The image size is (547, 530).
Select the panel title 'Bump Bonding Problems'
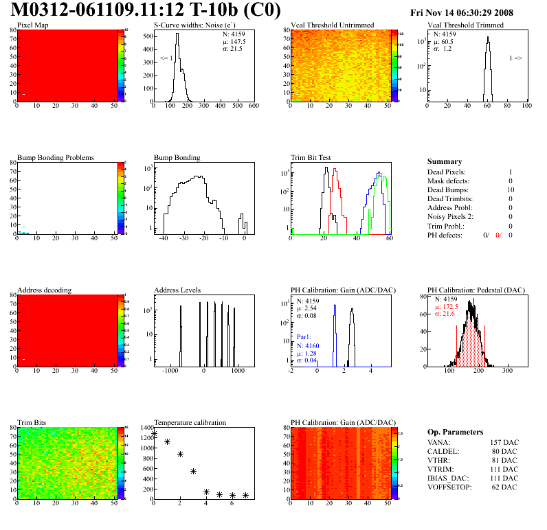[x=56, y=157]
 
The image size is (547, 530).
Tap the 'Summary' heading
[x=445, y=161]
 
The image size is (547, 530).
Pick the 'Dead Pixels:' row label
[x=446, y=172]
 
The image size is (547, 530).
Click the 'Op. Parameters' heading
[x=455, y=432]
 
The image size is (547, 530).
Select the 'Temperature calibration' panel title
[x=190, y=422]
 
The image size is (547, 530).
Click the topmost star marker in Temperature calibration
[x=155, y=433]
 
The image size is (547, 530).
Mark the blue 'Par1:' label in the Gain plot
[x=306, y=337]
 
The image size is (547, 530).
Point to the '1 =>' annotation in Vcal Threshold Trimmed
[x=515, y=58]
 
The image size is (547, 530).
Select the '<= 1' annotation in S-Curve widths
[x=166, y=58]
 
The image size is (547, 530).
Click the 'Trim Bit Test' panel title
[x=311, y=157]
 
